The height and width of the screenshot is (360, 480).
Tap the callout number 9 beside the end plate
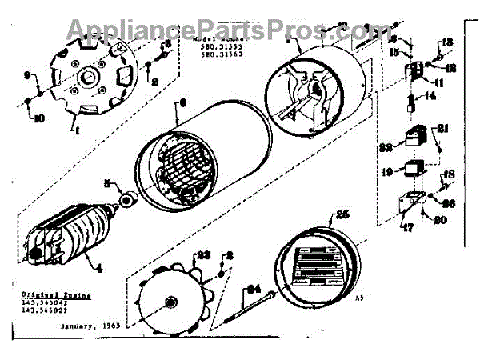tap(27, 75)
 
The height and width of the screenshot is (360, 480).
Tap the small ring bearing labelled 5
tap(125, 198)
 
